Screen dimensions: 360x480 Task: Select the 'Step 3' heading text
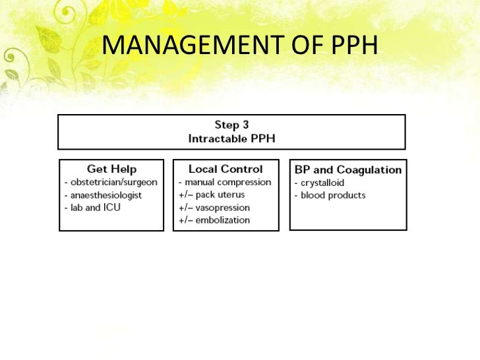pos(231,125)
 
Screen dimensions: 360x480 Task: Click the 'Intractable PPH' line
pos(231,138)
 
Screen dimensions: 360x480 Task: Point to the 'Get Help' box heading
pos(111,169)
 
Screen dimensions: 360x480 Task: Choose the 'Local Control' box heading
pos(225,169)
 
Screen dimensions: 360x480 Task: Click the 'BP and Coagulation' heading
pos(347,169)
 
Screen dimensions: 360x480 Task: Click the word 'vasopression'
pos(224,208)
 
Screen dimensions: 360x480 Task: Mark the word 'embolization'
pos(224,220)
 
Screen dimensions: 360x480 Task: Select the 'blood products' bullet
pos(331,195)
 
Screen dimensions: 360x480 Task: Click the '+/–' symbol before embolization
pos(185,220)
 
